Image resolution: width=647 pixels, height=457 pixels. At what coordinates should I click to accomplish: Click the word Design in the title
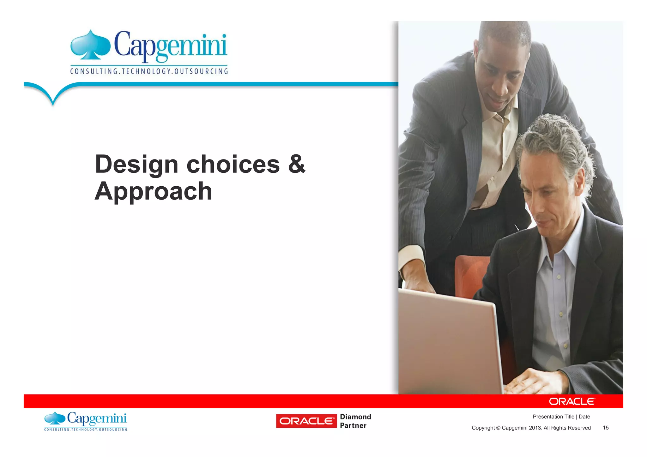(x=136, y=165)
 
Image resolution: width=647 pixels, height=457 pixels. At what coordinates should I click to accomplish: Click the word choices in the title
(x=233, y=165)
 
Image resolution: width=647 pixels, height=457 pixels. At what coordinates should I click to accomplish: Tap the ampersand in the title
(x=297, y=164)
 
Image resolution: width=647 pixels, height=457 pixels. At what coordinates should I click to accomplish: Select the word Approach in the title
(x=153, y=191)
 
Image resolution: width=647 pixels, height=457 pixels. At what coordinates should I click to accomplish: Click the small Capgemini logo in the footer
(x=86, y=421)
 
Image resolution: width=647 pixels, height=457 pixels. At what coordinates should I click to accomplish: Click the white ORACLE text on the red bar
(x=572, y=401)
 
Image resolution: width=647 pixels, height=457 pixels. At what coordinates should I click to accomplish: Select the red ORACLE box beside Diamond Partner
(x=306, y=421)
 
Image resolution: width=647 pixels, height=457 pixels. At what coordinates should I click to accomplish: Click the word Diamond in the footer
(x=355, y=417)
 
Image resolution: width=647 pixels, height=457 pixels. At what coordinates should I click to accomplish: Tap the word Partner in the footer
(x=353, y=426)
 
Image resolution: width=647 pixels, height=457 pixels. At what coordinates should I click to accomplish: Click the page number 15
(x=606, y=428)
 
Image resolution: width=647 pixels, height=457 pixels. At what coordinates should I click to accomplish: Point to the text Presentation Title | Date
(x=561, y=417)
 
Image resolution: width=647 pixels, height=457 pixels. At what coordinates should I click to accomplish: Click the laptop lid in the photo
(x=449, y=341)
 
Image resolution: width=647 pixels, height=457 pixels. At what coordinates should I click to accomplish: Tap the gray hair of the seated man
(x=556, y=139)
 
